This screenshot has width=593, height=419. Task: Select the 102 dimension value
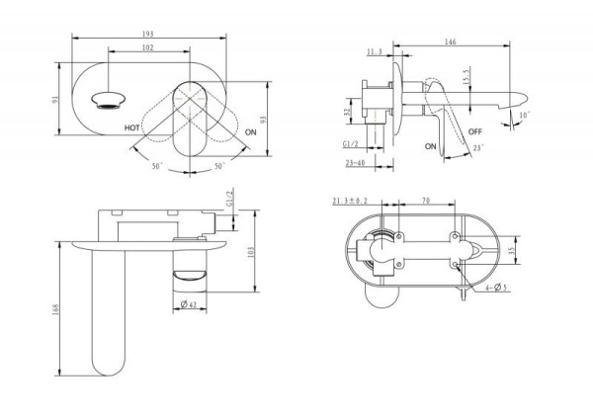tap(147, 48)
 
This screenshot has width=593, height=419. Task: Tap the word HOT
tap(131, 128)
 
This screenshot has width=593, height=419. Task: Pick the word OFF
tap(474, 130)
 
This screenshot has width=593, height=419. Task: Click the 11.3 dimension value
tap(374, 52)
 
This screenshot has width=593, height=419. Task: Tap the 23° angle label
tap(477, 147)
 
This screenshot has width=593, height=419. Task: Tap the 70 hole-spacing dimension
tap(425, 201)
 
